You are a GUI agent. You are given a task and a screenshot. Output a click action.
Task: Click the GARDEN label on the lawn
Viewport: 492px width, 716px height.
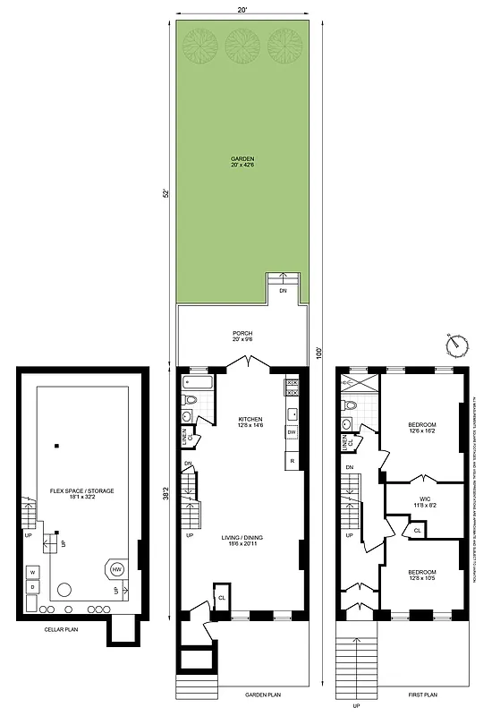(242, 158)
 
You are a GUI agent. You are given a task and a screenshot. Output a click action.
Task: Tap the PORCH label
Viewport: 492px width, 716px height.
(242, 330)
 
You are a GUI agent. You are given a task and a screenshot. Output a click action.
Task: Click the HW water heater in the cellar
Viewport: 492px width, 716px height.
(117, 568)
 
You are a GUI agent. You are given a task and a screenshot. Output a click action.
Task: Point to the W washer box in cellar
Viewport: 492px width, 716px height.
(32, 571)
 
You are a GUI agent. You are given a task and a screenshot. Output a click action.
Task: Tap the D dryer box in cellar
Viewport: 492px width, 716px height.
(32, 587)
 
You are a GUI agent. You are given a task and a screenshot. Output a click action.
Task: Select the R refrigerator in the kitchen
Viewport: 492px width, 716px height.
(292, 460)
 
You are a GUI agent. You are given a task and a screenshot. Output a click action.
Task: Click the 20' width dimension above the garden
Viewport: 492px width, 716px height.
(242, 9)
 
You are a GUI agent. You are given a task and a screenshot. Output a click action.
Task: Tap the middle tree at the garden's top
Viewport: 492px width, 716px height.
(242, 43)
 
